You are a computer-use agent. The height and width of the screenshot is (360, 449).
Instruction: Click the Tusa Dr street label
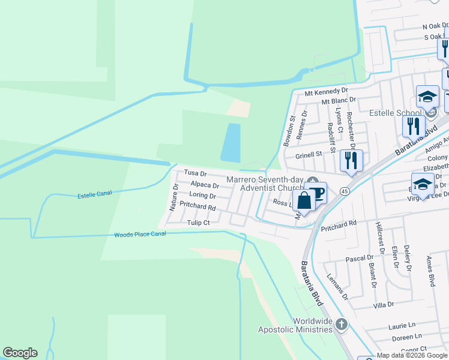(195, 173)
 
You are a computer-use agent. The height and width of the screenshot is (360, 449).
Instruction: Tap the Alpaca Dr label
(204, 185)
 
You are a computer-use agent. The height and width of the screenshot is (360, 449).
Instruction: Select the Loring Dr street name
(202, 196)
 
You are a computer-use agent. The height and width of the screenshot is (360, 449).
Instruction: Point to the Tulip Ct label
(197, 222)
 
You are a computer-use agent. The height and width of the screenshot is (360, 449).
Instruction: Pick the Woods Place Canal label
(140, 234)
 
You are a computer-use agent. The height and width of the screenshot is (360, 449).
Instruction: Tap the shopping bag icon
(304, 200)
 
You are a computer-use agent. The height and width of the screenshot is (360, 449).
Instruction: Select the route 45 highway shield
(344, 191)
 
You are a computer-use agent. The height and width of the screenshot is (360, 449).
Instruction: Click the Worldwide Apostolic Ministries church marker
(342, 325)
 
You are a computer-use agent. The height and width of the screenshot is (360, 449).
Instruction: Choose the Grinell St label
(309, 154)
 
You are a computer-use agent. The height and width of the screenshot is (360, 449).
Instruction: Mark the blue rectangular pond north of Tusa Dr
(231, 142)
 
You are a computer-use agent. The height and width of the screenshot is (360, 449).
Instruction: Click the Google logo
(20, 353)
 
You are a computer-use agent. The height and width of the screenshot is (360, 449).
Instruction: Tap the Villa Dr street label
(383, 305)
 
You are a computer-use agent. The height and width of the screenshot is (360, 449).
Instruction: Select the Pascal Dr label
(359, 258)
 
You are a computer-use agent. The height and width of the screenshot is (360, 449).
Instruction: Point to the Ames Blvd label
(430, 271)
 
